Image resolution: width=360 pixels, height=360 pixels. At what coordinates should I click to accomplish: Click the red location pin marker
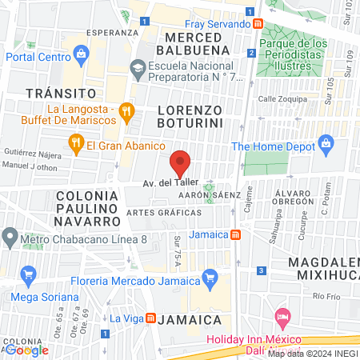click(180, 163)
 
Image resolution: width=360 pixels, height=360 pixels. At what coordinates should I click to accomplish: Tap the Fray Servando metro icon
click(258, 24)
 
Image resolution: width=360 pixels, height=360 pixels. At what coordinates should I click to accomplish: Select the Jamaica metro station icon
click(235, 235)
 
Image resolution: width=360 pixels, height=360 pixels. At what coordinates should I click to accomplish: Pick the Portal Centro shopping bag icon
click(80, 54)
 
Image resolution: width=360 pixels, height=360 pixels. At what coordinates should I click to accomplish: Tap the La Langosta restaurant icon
click(125, 111)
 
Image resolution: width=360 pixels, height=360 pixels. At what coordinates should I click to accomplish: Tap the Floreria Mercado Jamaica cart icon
click(210, 278)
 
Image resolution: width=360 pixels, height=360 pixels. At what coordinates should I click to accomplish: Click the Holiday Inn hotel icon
click(281, 318)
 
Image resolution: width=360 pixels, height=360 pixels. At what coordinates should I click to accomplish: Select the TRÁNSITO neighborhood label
click(55, 93)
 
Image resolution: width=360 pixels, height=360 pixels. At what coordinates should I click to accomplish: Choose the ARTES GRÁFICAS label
click(163, 214)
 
